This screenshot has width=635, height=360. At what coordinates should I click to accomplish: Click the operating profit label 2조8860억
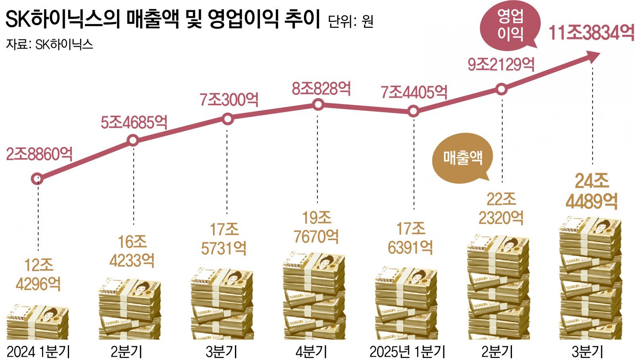click(x=39, y=154)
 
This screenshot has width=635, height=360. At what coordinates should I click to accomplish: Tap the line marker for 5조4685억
click(x=133, y=140)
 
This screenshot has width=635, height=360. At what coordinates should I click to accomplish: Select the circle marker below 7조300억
click(x=228, y=119)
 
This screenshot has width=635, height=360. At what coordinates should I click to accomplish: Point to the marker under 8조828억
click(x=318, y=105)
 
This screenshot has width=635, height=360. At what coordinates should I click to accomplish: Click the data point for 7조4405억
click(x=413, y=111)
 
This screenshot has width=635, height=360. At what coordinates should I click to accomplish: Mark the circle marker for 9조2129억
click(x=502, y=89)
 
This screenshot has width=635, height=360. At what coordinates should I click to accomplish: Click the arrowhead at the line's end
click(x=593, y=56)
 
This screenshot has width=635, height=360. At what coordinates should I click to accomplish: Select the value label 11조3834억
click(x=591, y=33)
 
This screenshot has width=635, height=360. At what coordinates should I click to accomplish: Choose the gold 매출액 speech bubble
click(x=463, y=158)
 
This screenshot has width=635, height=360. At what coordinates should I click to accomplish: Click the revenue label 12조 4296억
click(x=38, y=275)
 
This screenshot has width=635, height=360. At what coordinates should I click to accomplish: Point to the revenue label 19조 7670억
click(x=316, y=227)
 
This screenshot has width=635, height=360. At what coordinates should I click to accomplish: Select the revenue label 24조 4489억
click(x=592, y=192)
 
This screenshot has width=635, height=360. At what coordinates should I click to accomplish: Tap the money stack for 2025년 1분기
click(x=406, y=304)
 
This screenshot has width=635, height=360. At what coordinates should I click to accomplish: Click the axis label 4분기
click(x=312, y=352)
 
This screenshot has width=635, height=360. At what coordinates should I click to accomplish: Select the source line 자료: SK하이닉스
click(x=49, y=44)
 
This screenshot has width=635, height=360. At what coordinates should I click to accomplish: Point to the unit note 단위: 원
click(x=351, y=21)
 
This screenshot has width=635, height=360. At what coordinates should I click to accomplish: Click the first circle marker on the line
click(x=37, y=179)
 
